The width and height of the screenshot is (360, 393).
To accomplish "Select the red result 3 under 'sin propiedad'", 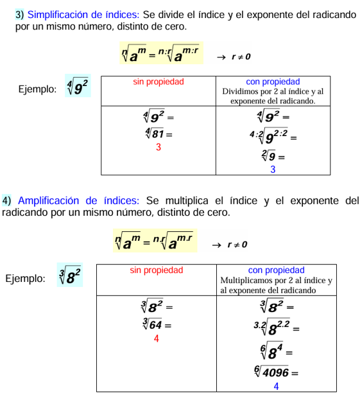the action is point(159,147).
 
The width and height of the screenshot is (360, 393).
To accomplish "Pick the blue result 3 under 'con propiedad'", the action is point(273,170).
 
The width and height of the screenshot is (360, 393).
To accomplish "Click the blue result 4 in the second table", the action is point(276,386).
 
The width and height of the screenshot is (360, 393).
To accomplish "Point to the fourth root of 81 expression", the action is point(157,134).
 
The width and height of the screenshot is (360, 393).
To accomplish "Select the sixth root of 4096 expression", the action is point(274,372).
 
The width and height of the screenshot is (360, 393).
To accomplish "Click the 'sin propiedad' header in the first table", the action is point(159,82).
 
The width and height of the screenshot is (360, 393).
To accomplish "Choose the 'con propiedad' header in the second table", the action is point(276,270).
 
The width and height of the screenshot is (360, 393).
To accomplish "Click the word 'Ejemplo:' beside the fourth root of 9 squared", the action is point(37,89).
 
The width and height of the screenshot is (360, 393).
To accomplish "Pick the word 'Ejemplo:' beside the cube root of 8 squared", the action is point(25,279).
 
